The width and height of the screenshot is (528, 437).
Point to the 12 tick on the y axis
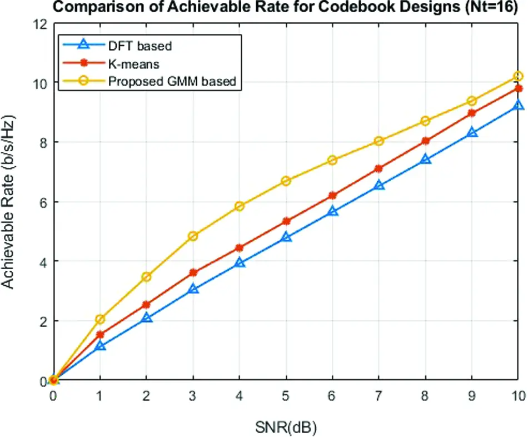pos(39,23)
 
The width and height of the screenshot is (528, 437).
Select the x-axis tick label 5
pos(286,395)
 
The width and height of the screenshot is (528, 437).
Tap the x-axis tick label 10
pos(518,395)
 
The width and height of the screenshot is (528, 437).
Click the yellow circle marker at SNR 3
pos(193,236)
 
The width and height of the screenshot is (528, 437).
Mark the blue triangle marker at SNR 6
pos(332,211)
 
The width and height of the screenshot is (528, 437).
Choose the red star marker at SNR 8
pos(425,141)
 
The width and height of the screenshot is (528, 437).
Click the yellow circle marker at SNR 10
pos(518,76)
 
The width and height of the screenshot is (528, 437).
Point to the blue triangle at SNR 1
pos(100,346)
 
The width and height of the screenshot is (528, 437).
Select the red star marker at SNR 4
pos(240,248)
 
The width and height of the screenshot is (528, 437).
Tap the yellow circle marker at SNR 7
pos(379,141)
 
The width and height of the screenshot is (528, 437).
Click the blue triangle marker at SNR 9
pos(472,133)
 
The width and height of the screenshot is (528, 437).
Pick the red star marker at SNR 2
pos(146,305)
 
